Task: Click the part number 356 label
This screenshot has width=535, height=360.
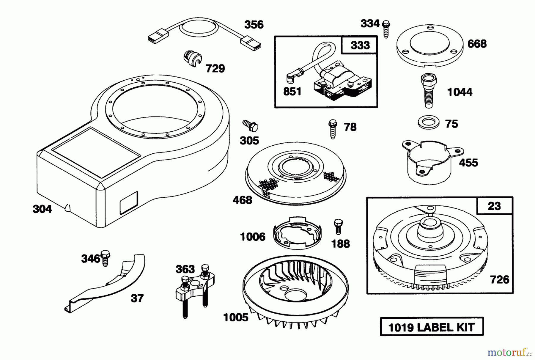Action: (254, 24)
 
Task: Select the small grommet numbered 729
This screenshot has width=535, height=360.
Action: (192, 58)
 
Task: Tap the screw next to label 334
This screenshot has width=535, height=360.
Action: (386, 29)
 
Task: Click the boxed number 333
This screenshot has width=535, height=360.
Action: (360, 45)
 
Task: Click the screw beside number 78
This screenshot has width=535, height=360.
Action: (333, 129)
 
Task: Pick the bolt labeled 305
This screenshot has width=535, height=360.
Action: (251, 126)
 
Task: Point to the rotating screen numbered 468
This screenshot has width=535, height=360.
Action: (295, 178)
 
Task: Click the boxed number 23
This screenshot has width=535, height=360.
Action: (494, 206)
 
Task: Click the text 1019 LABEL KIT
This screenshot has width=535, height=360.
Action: (432, 327)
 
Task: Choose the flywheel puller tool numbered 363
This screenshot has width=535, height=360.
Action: (195, 288)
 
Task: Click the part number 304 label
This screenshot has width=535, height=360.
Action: (42, 209)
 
